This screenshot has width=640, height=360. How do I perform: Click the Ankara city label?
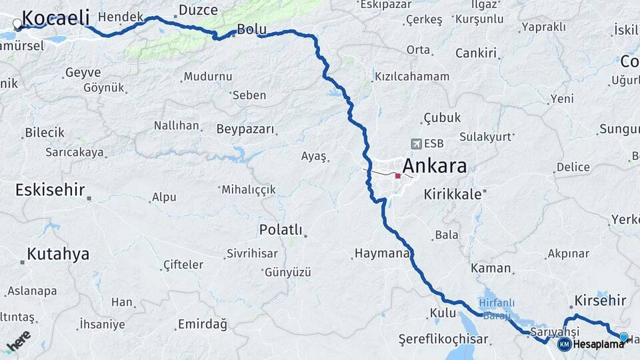(x=434, y=166)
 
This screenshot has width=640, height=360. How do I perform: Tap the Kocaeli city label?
(x=56, y=17)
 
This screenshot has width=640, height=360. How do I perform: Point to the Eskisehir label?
(x=50, y=189)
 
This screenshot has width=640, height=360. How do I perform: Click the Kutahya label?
(x=58, y=254)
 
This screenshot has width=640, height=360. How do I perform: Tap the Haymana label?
(x=381, y=253)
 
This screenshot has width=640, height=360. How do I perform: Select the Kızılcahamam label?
(x=412, y=77)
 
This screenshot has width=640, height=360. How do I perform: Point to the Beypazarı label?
(x=245, y=129)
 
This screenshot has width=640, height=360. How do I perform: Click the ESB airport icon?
(x=417, y=143)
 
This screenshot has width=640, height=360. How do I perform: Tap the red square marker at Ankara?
(x=398, y=176)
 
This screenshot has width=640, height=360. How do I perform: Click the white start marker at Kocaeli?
(x=17, y=24)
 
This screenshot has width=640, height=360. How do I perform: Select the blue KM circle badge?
(x=564, y=344)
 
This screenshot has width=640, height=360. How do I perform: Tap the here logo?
(x=18, y=341)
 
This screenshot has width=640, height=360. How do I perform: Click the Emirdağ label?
(x=202, y=325)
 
